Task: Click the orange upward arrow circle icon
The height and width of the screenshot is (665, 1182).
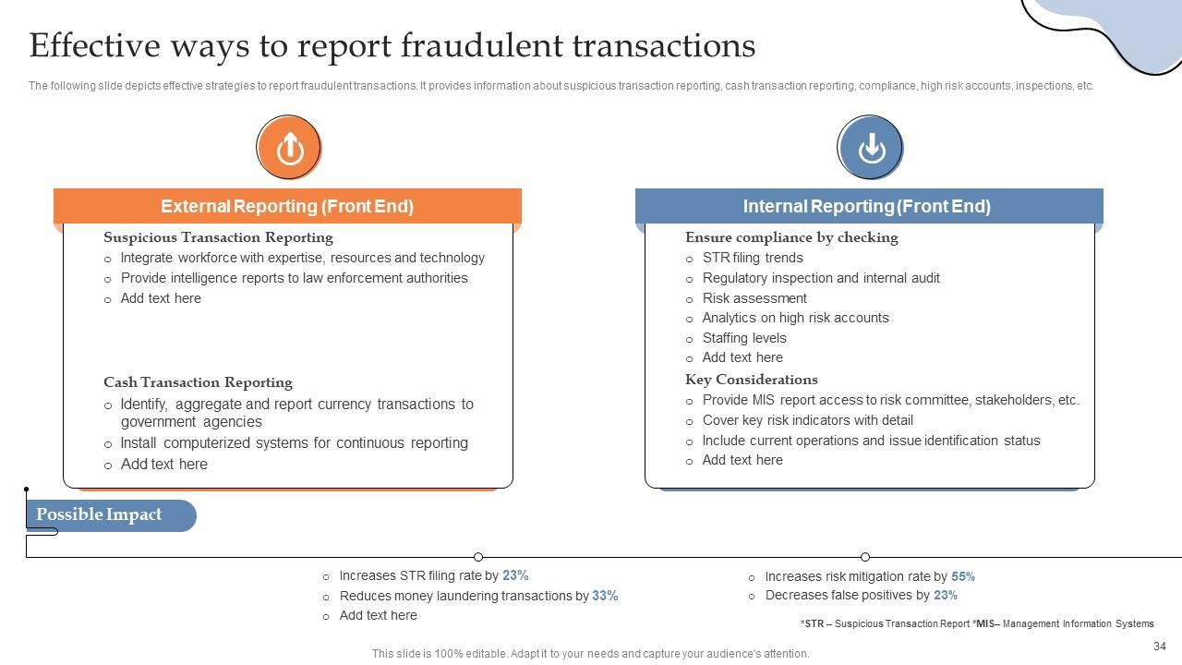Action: pos(289,148)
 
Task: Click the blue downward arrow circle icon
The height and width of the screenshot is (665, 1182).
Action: pos(870,148)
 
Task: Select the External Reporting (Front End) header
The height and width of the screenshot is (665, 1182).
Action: pos(287,207)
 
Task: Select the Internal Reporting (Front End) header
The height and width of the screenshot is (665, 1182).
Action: pos(867,207)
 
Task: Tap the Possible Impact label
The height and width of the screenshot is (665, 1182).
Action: pos(99,515)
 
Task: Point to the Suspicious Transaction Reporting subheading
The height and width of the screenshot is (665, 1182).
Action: pos(218,237)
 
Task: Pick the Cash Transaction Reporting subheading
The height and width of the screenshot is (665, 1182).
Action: pos(198,382)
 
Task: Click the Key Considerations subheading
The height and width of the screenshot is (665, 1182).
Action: pos(751,380)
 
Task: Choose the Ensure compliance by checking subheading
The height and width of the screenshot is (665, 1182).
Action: pos(791,237)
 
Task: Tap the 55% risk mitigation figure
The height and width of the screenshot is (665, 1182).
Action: pos(963,576)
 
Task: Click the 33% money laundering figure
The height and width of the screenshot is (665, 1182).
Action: pos(605,596)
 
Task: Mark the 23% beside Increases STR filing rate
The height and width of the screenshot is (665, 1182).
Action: pos(515,575)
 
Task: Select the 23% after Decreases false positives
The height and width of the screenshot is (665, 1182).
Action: pos(946,596)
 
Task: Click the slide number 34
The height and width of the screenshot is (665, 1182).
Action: pos(1160,647)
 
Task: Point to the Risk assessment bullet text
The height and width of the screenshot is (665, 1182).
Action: pos(754,298)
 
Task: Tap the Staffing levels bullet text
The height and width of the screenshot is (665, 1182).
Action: pos(744,338)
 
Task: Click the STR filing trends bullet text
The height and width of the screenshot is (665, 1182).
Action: pos(753,258)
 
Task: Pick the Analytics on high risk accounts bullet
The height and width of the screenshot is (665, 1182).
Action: pos(795,318)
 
